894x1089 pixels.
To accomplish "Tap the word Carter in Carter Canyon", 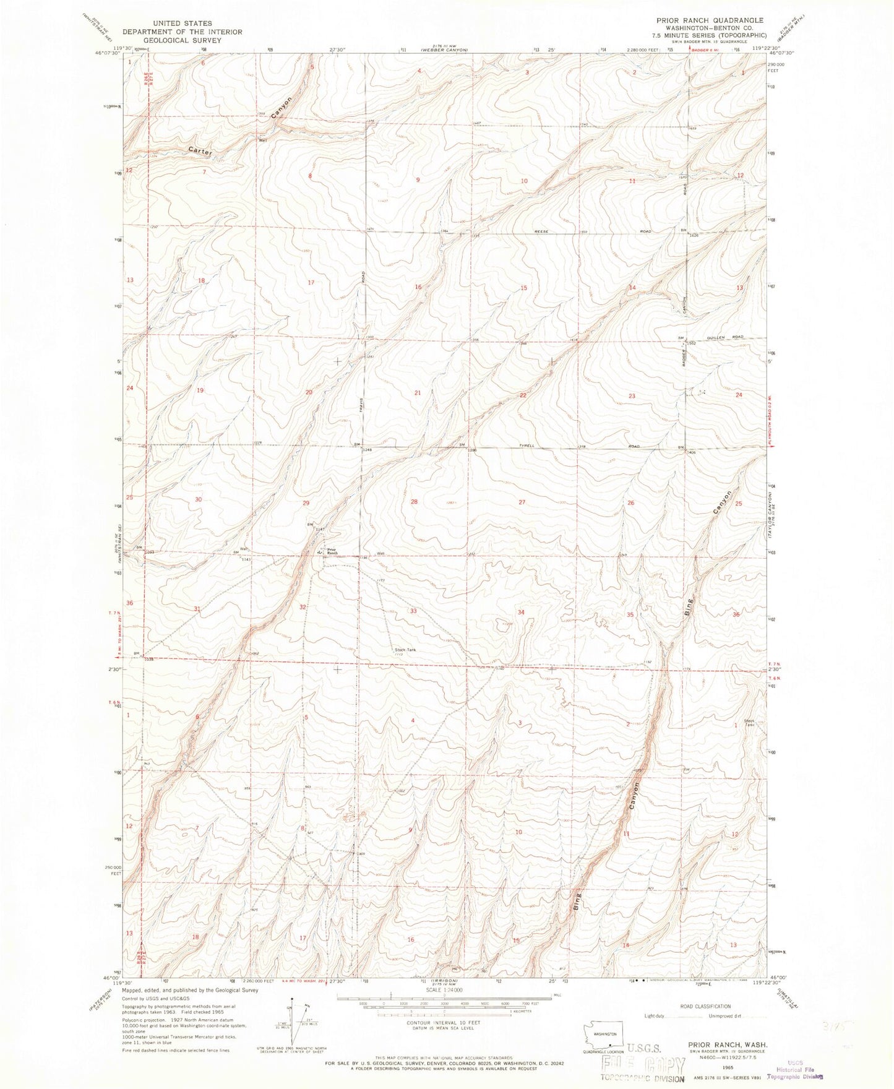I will point(200,151).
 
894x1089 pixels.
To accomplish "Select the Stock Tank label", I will point(405,650).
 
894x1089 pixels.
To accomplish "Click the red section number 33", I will point(413,611).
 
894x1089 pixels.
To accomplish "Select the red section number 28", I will point(414,502).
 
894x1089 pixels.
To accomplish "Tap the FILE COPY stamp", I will point(643,1065).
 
